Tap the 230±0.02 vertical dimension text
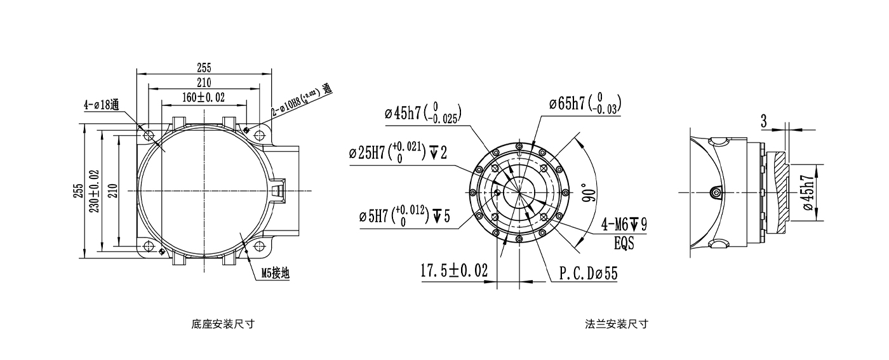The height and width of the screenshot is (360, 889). pos(95,190)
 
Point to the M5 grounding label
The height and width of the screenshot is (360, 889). pos(276,274)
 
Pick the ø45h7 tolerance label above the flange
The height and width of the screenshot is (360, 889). pos(423,113)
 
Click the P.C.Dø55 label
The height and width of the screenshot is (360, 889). pos(588,273)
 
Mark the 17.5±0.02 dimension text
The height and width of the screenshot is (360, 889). pos(454,271)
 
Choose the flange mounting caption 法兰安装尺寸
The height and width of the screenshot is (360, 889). pos(617,324)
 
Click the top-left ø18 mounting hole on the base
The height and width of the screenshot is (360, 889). pos(149,135)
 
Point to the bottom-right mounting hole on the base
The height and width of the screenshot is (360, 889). pos(258,246)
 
